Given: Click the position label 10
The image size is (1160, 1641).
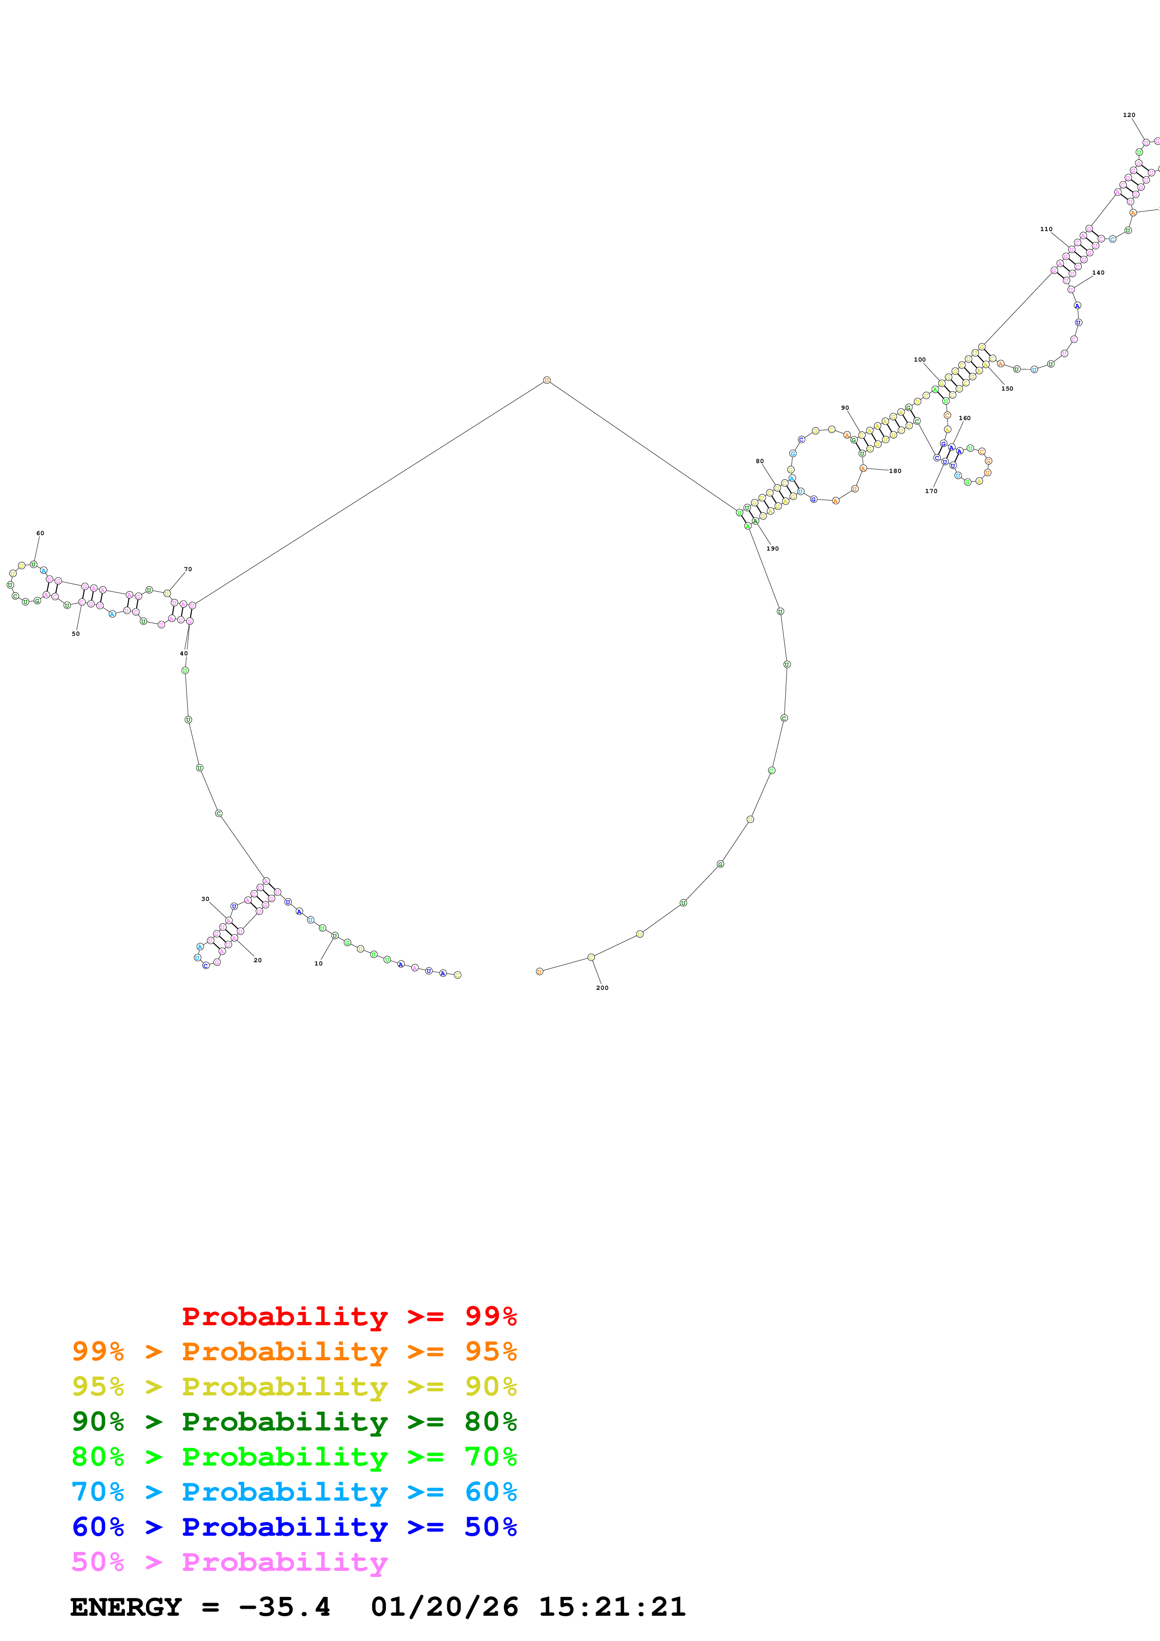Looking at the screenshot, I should click(x=318, y=964).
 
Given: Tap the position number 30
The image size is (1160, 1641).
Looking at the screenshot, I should click(x=205, y=899).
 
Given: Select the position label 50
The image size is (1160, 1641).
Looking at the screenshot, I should click(x=76, y=634).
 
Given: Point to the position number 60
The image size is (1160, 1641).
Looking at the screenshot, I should click(x=40, y=533).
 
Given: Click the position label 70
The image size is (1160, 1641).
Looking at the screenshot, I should click(x=188, y=570).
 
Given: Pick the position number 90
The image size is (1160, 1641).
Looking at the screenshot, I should click(x=845, y=408).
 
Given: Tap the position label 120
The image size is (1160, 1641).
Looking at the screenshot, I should click(x=1129, y=115).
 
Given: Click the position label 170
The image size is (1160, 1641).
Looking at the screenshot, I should click(x=931, y=491).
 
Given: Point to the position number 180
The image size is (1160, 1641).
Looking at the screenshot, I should click(x=895, y=471).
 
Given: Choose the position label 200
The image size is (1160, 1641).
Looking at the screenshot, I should click(x=602, y=988).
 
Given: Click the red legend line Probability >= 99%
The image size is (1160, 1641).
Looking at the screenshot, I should click(x=349, y=1316).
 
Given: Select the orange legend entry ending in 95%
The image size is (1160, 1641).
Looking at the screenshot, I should click(x=294, y=1351).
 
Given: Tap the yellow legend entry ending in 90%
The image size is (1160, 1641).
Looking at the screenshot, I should click(x=294, y=1386).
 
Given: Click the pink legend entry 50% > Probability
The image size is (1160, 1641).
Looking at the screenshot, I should click(x=229, y=1561).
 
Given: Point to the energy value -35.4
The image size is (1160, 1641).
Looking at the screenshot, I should click(x=285, y=1607).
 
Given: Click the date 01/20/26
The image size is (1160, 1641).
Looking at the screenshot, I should click(x=444, y=1607).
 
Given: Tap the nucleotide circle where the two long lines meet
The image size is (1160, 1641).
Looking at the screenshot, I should click(x=547, y=380).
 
